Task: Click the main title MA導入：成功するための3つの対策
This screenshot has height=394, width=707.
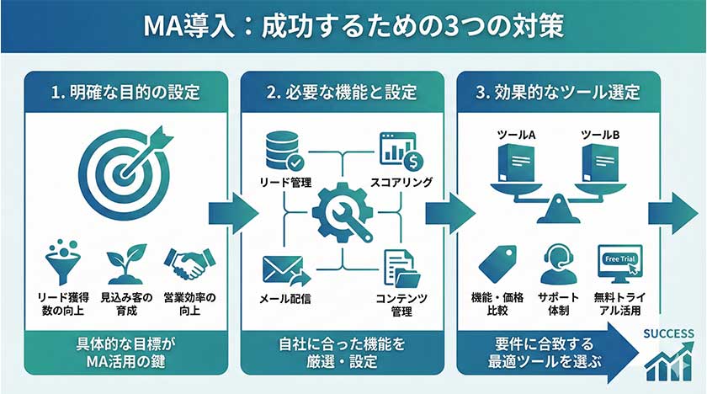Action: click(353, 26)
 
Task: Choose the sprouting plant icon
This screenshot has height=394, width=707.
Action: click(124, 264)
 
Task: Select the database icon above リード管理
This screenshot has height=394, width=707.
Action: click(280, 149)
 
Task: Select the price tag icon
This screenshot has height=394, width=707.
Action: click(499, 264)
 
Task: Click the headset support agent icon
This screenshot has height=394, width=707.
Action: click(556, 264)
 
